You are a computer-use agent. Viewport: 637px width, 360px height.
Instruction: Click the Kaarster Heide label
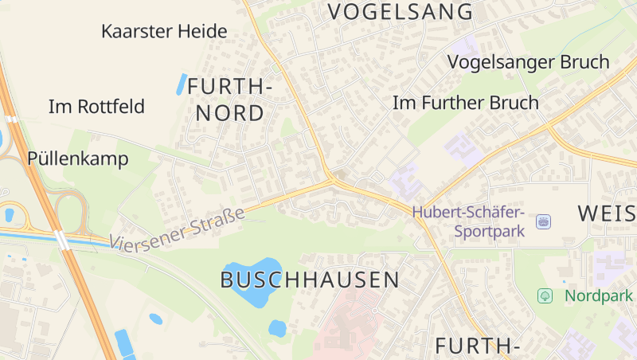click(165, 32)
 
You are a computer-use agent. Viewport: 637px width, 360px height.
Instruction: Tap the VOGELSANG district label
click(401, 12)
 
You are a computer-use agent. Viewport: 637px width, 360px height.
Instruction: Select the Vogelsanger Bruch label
click(528, 62)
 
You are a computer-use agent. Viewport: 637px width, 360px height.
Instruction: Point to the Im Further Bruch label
click(466, 103)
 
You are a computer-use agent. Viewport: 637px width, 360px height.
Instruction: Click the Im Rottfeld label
click(96, 106)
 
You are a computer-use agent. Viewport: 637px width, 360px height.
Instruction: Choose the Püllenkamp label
click(78, 158)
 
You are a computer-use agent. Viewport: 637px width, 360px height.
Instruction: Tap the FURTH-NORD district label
click(231, 99)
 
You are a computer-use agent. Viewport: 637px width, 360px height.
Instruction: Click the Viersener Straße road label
click(177, 229)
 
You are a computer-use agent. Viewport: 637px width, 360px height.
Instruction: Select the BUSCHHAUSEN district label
click(310, 280)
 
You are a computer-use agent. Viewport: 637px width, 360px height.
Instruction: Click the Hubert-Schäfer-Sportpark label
click(467, 222)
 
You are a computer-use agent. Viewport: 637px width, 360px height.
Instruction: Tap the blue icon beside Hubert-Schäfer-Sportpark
click(544, 221)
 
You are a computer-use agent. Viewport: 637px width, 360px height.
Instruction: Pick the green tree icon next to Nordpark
click(545, 295)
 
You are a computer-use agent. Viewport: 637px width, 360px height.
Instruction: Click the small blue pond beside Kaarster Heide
click(182, 83)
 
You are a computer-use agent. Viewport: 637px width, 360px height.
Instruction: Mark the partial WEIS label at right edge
click(607, 213)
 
